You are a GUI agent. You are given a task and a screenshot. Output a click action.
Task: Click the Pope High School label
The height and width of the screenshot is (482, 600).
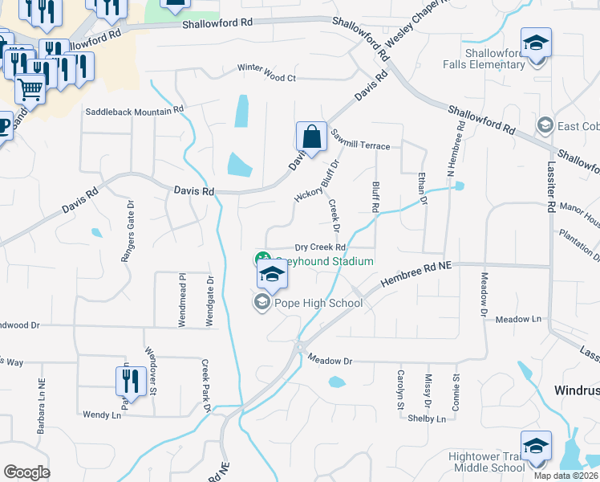coord(318,303)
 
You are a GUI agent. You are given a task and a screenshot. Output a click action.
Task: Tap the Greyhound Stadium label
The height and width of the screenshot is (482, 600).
coord(325,261)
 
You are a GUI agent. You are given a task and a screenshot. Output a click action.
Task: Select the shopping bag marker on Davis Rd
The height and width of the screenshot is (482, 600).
coord(311,137)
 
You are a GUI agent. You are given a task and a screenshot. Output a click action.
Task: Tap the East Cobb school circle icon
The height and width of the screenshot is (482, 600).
coord(545,125)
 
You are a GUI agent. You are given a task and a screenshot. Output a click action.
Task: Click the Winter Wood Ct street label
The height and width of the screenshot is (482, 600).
coord(266,78)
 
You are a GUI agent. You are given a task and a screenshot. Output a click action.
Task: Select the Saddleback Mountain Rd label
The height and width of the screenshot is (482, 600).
coord(135,109)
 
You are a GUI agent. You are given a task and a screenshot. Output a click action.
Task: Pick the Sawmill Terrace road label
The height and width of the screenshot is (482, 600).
coord(359,146)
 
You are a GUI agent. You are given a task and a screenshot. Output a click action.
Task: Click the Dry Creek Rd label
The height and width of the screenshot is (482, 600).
coord(319,247)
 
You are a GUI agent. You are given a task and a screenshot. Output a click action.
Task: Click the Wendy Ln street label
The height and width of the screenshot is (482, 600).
coord(101,415)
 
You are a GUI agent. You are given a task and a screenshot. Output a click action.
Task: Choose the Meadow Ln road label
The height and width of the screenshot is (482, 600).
coord(519,319)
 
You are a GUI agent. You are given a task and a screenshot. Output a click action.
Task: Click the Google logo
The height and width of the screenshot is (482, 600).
coord(26,472)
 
